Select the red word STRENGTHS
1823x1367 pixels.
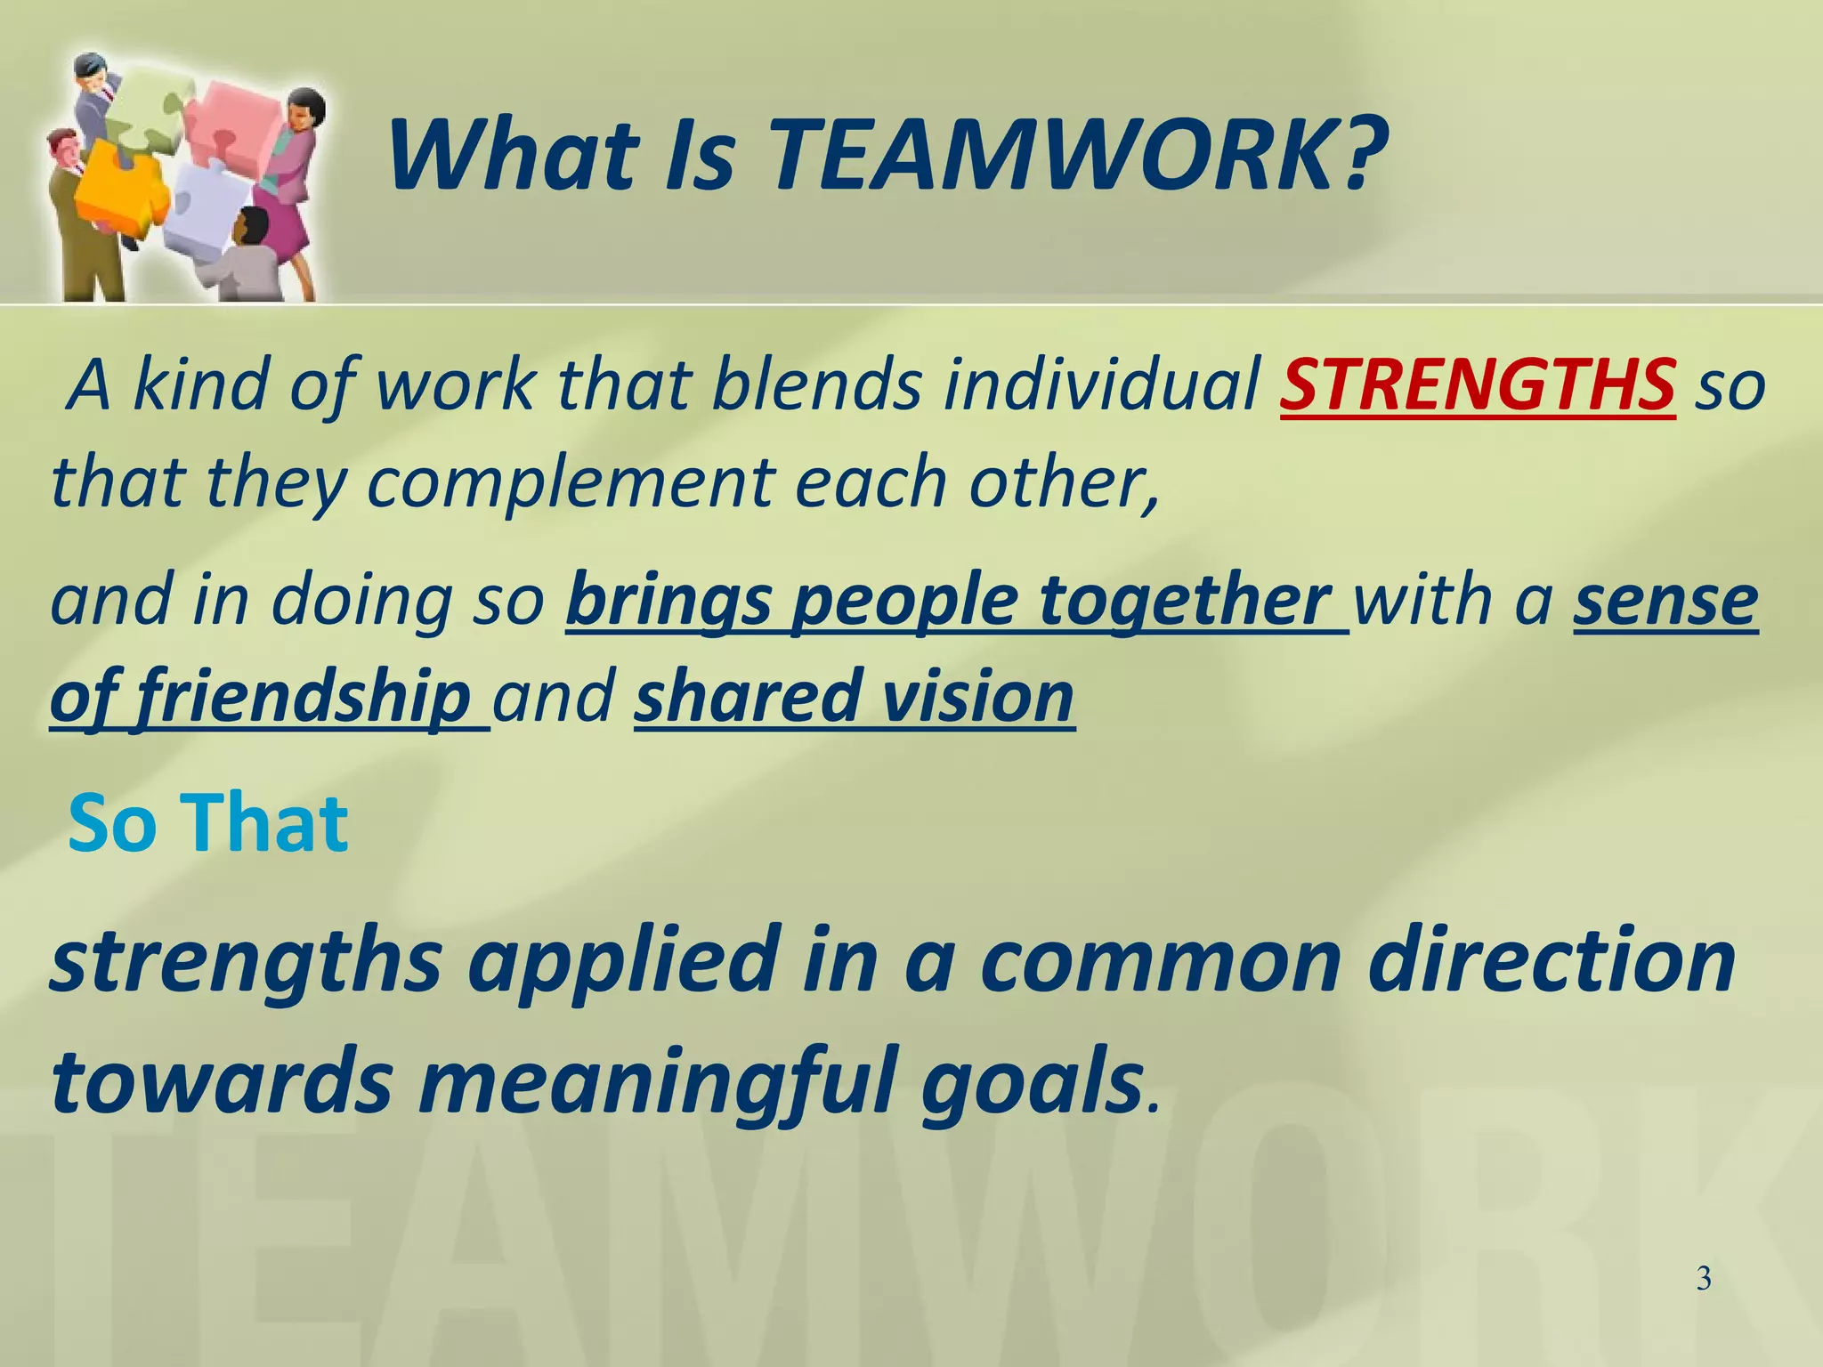pyautogui.click(x=1478, y=385)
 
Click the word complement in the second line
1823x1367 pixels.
pyautogui.click(x=571, y=482)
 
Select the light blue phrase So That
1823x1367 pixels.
pyautogui.click(x=207, y=823)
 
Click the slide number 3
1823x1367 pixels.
pyautogui.click(x=1704, y=1280)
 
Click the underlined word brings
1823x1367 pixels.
pyautogui.click(x=668, y=602)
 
